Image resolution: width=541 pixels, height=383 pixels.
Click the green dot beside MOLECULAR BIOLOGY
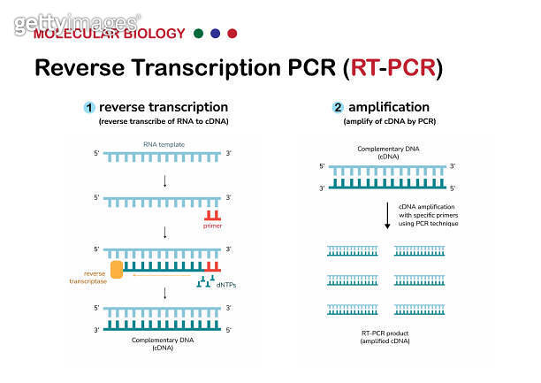tap(199, 34)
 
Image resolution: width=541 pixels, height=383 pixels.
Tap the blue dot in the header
tap(216, 34)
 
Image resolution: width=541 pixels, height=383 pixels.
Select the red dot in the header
tap(232, 34)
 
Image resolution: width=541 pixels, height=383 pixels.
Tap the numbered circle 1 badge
tap(88, 107)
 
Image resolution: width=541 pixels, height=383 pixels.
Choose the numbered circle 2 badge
tap(338, 107)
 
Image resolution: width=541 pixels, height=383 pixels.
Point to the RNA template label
tap(164, 143)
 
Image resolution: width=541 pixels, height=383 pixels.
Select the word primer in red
tap(212, 226)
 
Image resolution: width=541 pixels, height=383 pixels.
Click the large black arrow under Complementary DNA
tap(386, 215)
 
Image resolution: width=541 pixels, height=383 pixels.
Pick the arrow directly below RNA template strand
tap(164, 181)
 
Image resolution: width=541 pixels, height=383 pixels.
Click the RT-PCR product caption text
tap(386, 334)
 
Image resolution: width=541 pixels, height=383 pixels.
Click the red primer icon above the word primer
tap(211, 215)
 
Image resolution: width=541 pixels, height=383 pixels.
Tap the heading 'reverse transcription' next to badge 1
tap(157, 106)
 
